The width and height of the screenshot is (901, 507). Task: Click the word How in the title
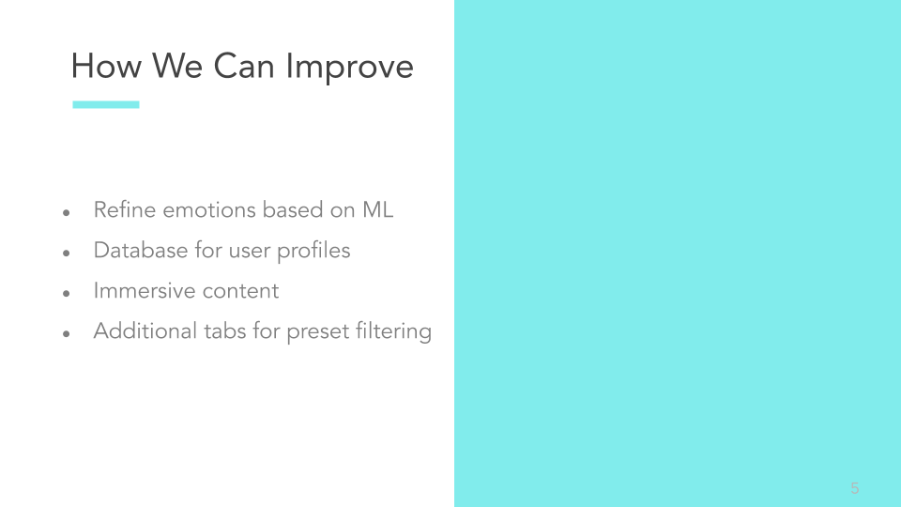(106, 66)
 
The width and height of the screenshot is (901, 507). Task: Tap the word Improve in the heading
(349, 69)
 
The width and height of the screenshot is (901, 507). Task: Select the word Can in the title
(244, 66)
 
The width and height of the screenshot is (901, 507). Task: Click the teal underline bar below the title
(106, 104)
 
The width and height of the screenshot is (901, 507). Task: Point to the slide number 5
(854, 488)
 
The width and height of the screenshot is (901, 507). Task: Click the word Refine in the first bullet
(125, 209)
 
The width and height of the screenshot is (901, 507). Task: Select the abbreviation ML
(377, 209)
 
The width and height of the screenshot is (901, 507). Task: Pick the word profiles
(313, 252)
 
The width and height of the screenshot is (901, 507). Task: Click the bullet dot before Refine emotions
(66, 213)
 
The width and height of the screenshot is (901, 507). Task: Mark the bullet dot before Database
(66, 253)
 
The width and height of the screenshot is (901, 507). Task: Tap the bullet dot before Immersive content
(66, 293)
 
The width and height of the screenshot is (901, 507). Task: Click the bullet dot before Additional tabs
(66, 333)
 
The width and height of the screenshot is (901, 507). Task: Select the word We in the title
(177, 66)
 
